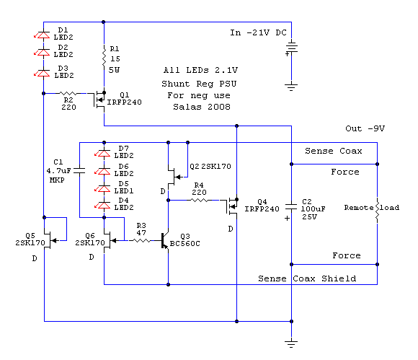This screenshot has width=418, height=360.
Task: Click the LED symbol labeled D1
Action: (x=43, y=35)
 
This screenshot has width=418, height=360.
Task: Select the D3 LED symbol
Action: (x=43, y=73)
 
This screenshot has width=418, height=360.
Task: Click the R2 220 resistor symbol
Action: (x=68, y=93)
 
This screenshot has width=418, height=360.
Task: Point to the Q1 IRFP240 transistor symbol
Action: (x=99, y=100)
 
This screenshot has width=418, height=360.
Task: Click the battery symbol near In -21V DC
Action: (x=291, y=48)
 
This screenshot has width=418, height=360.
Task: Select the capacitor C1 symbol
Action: (x=79, y=171)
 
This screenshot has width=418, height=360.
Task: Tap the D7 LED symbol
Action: (x=104, y=153)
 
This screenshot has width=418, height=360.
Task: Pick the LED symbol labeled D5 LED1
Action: (x=104, y=189)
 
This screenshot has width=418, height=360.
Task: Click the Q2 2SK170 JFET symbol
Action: (x=175, y=177)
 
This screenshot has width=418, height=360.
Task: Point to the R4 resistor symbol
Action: (x=200, y=200)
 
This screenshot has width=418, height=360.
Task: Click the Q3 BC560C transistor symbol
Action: (x=164, y=241)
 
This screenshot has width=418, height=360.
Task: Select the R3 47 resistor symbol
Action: (x=141, y=241)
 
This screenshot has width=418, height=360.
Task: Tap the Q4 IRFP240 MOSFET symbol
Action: (x=231, y=206)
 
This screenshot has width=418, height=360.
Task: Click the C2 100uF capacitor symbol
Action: (x=291, y=207)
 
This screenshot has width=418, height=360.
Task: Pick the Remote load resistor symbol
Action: (x=377, y=211)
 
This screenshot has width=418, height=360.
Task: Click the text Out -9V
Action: (x=365, y=128)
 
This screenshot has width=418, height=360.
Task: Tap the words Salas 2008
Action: (x=202, y=107)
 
